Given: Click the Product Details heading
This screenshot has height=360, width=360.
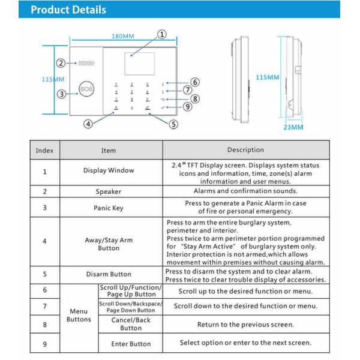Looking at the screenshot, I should pyautogui.click(x=68, y=10).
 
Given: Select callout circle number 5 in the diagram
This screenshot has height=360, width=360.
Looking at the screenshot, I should pyautogui.click(x=173, y=125).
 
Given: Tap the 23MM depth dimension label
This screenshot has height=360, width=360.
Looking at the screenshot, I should pyautogui.click(x=293, y=127).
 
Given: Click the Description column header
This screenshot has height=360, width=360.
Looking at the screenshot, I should pyautogui.click(x=245, y=150).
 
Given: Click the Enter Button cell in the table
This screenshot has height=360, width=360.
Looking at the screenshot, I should pyautogui.click(x=131, y=344).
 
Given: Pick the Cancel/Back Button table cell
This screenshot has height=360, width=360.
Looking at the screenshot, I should pyautogui.click(x=131, y=325).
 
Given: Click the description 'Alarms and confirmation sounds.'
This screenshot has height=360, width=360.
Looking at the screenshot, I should pyautogui.click(x=245, y=191).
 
